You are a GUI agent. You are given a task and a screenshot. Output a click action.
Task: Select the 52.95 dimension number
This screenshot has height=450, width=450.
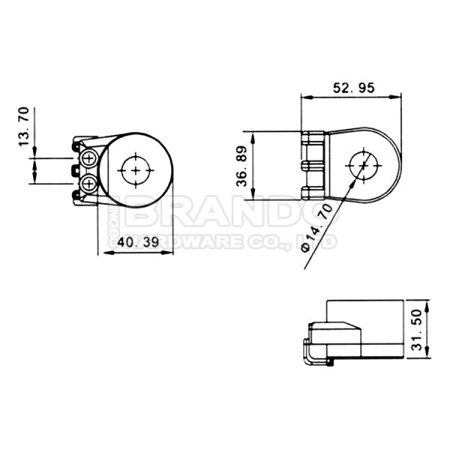coord(352,88)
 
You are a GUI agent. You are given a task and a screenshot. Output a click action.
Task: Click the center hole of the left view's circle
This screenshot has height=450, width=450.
coord(136,170)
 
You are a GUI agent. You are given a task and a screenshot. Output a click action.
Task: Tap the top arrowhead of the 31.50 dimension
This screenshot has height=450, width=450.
coord(426,305)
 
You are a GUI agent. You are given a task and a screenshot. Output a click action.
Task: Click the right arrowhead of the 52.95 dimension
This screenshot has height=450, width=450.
coord(398,96)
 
